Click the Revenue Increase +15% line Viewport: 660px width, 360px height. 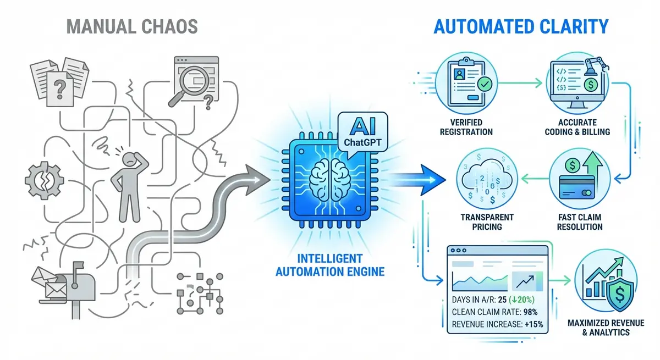(497, 324)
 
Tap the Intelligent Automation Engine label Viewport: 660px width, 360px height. (329, 263)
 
